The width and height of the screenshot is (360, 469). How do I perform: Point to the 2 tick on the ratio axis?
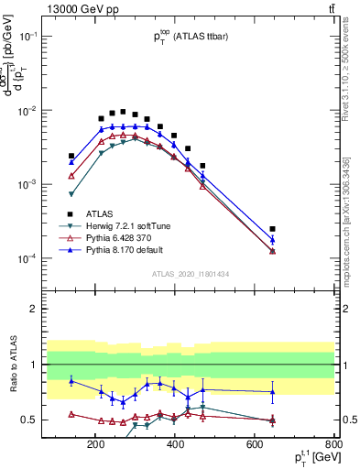point(58,309)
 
